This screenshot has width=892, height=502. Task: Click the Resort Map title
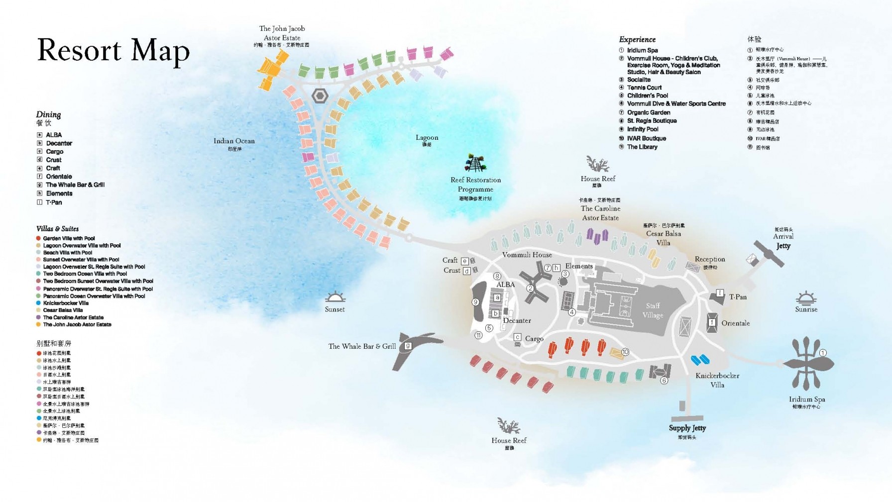coord(113,51)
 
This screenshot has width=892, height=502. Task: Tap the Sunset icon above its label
coord(335,297)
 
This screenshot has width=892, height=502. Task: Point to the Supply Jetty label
coord(687,428)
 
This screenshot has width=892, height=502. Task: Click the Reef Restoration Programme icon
coord(475,163)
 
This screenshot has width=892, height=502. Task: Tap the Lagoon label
coord(427,138)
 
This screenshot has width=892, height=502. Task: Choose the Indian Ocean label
coord(234,141)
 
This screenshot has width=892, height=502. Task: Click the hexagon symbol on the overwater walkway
coord(320,96)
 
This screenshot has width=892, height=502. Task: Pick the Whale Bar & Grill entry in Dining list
coord(75,185)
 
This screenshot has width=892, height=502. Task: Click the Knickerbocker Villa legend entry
coord(66,303)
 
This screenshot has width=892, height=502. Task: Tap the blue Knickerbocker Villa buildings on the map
coord(700,359)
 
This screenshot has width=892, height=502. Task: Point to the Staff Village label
coord(653,310)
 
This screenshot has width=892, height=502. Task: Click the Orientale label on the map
coord(735,323)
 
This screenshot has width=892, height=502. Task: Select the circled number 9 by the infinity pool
coord(475,302)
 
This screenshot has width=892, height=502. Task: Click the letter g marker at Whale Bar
coord(408,346)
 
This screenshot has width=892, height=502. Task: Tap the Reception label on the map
coord(710,259)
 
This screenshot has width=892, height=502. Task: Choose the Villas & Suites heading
coord(57,229)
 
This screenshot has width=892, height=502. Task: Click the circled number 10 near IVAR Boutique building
coord(625,352)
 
